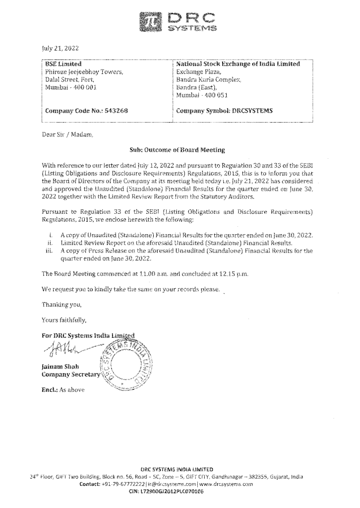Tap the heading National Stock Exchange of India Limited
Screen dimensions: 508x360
point(238,64)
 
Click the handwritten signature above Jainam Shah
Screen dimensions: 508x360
point(67,341)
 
